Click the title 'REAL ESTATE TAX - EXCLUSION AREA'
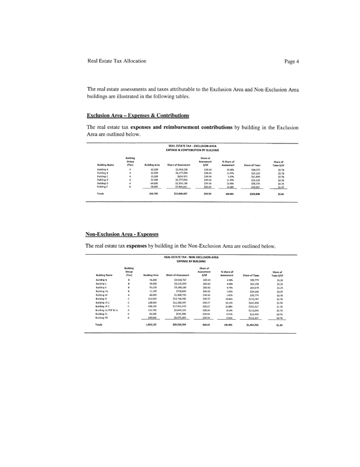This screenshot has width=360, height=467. (x=192, y=146)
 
